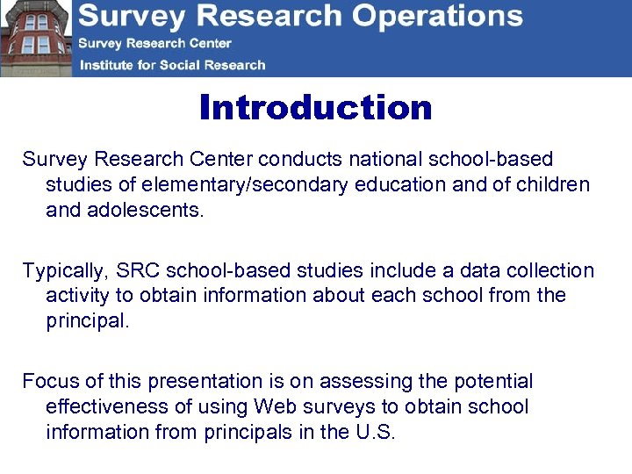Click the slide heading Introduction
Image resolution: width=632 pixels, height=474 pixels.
point(316,108)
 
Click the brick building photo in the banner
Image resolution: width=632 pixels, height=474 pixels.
point(35,39)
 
